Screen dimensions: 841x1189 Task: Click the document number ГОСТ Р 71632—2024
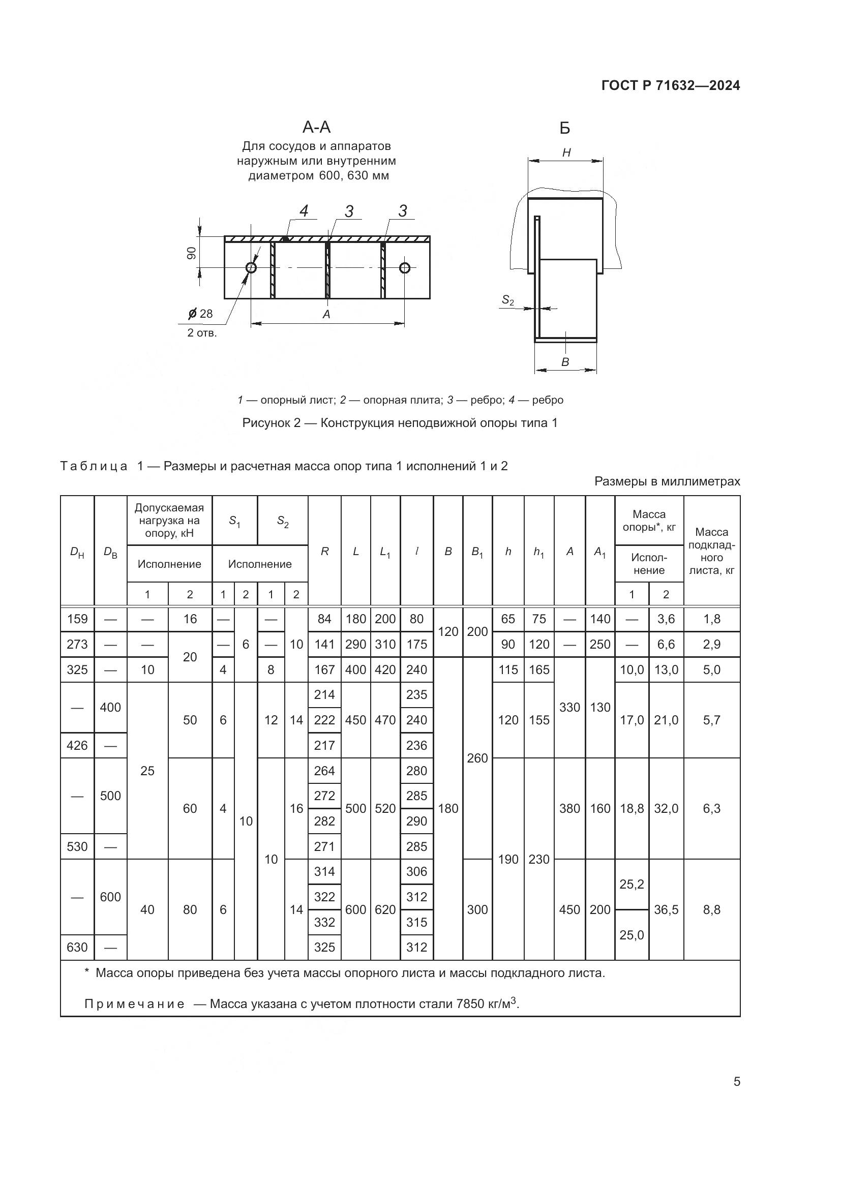pyautogui.click(x=671, y=85)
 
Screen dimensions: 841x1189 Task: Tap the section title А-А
pyautogui.click(x=316, y=127)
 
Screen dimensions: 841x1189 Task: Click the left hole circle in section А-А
pyautogui.click(x=251, y=267)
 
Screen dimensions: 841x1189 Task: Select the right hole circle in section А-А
pyautogui.click(x=404, y=267)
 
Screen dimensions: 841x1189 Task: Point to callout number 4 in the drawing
pyautogui.click(x=304, y=211)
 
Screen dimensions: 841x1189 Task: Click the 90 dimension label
pyautogui.click(x=192, y=253)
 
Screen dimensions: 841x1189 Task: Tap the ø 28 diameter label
pyautogui.click(x=201, y=313)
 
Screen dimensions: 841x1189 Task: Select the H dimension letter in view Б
pyautogui.click(x=566, y=153)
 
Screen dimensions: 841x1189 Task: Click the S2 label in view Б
pyautogui.click(x=508, y=300)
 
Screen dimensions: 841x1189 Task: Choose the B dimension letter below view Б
pyautogui.click(x=565, y=362)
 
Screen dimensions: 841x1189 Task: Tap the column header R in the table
pyautogui.click(x=325, y=552)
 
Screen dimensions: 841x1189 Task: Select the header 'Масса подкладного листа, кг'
pyautogui.click(x=711, y=551)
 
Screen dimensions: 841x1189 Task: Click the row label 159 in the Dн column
pyautogui.click(x=77, y=619)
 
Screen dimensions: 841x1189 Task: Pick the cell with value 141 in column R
pyautogui.click(x=324, y=644)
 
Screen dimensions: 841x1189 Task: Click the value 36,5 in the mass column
pyautogui.click(x=666, y=910)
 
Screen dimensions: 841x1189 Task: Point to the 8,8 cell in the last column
pyautogui.click(x=711, y=910)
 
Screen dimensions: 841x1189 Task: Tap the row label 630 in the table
pyautogui.click(x=77, y=947)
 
